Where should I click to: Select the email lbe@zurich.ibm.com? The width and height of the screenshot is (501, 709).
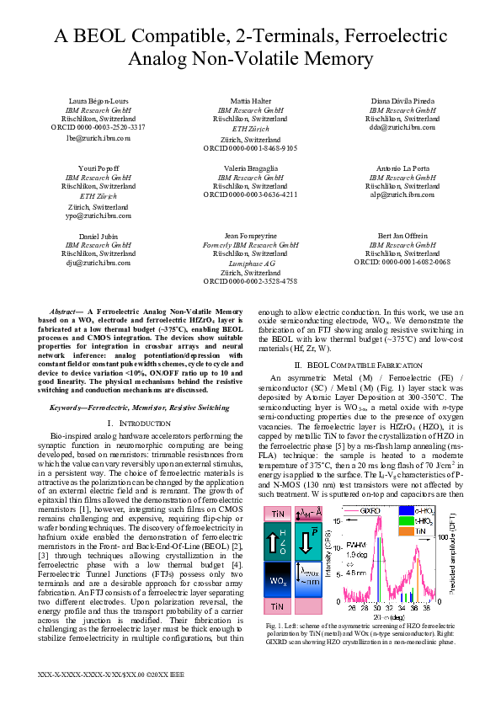(x=99, y=136)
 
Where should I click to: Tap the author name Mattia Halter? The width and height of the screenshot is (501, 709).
(x=250, y=101)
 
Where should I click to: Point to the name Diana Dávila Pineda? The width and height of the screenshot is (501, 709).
(x=402, y=101)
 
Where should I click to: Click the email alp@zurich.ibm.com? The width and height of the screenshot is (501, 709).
(x=402, y=195)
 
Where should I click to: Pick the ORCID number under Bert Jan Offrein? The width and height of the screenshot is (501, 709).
(x=402, y=262)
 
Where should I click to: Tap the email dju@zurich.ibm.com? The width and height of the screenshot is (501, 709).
(x=99, y=263)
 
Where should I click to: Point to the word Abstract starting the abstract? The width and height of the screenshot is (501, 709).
(x=65, y=312)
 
